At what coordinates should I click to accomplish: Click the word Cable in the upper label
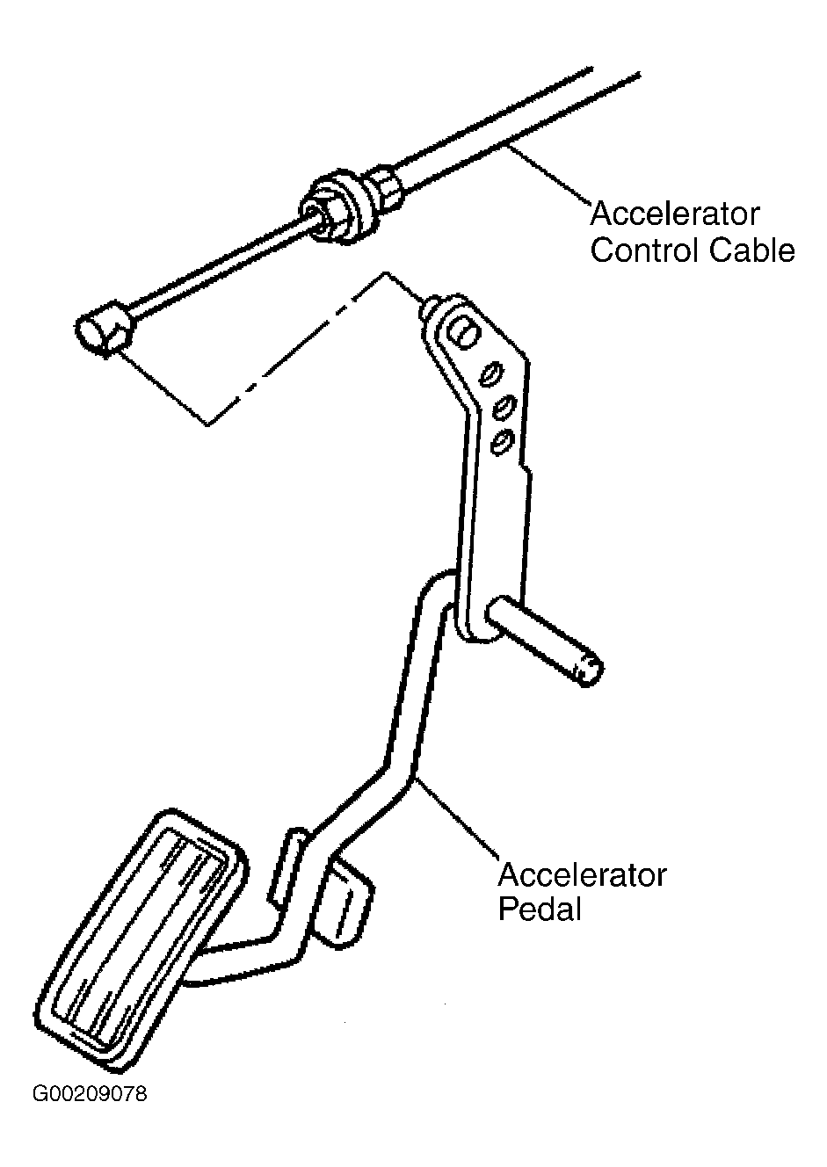pyautogui.click(x=752, y=250)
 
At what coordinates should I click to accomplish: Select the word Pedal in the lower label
pyautogui.click(x=540, y=910)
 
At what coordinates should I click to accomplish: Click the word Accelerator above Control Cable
pyautogui.click(x=675, y=214)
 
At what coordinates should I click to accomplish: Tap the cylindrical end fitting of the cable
pyautogui.click(x=105, y=329)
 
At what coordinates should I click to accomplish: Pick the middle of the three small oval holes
pyautogui.click(x=505, y=406)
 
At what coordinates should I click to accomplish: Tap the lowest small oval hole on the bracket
pyautogui.click(x=503, y=441)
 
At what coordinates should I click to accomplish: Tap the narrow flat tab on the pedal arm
pyautogui.click(x=287, y=868)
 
